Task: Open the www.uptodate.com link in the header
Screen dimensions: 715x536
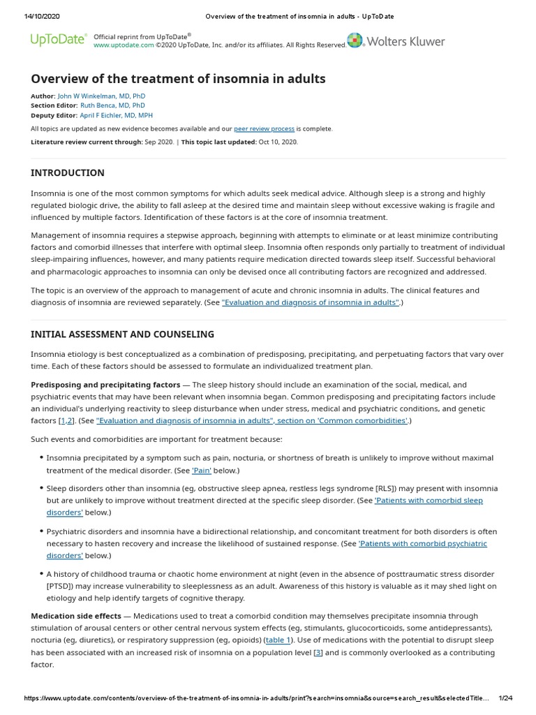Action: [124, 45]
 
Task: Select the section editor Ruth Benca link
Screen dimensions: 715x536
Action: [107, 105]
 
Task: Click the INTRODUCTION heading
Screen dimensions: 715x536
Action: [68, 172]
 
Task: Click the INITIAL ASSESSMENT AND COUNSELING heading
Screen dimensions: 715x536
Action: [122, 334]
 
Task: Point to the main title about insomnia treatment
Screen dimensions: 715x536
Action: [178, 78]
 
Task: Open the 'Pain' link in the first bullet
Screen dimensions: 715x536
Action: [202, 471]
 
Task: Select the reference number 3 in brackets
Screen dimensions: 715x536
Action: [318, 653]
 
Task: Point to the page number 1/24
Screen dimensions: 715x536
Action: [506, 698]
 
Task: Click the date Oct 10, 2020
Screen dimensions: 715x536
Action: [279, 142]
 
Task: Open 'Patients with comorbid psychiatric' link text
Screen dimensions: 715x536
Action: [422, 543]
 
